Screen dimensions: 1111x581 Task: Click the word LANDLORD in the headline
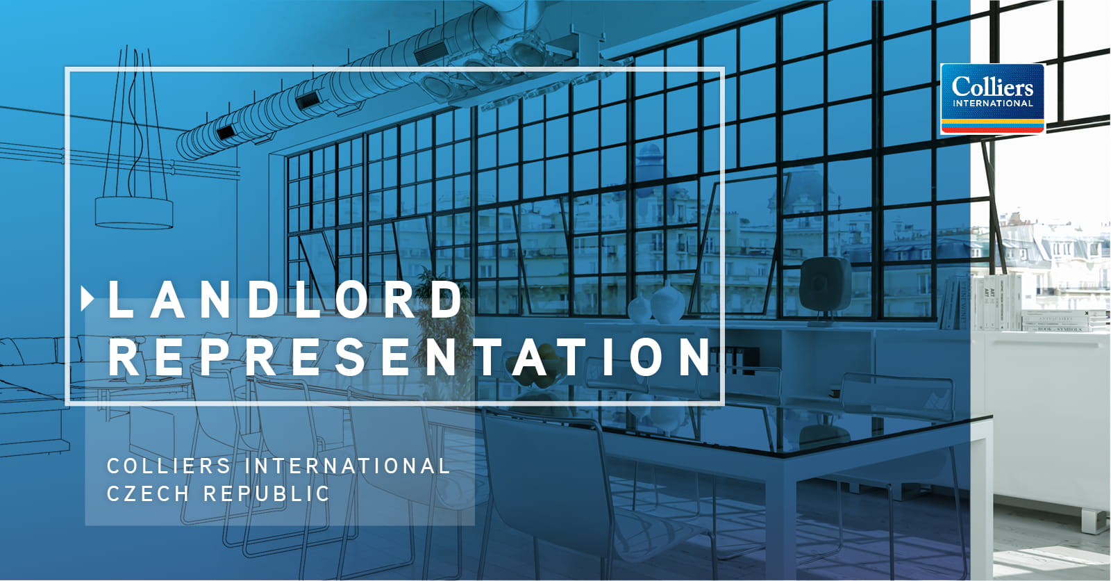(285, 299)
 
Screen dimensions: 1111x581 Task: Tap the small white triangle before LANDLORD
(87, 299)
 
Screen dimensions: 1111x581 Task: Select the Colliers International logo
(992, 99)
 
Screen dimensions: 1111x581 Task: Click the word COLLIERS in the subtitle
(169, 466)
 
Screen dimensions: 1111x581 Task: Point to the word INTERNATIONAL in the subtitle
(347, 466)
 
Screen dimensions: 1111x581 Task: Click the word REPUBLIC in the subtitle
(267, 493)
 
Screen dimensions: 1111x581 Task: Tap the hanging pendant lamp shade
(134, 213)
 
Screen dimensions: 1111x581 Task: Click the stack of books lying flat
(1064, 321)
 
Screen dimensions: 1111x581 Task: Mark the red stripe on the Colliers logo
(992, 130)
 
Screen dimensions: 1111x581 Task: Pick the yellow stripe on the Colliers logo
(992, 121)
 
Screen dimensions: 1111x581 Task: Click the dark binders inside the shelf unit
(734, 360)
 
